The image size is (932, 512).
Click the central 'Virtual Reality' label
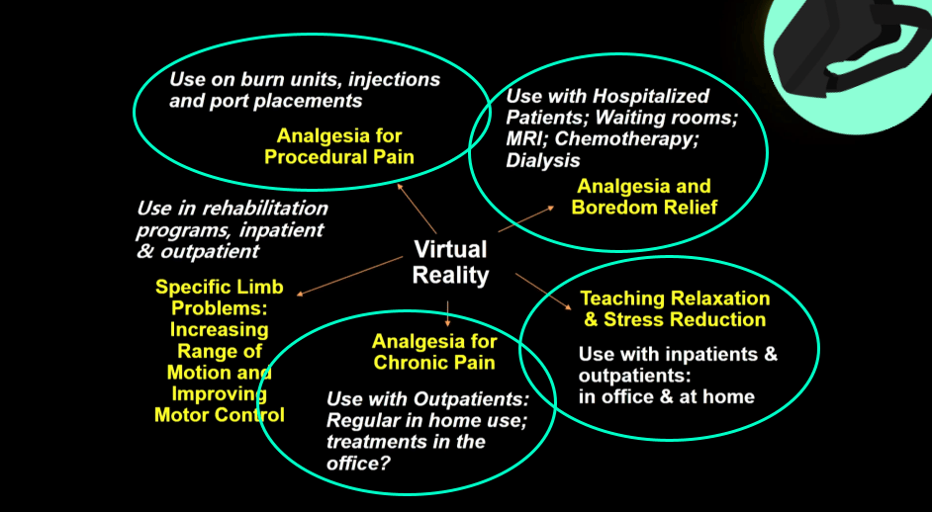click(450, 262)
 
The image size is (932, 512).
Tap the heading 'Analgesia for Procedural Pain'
click(338, 146)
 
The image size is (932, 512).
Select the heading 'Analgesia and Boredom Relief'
click(643, 197)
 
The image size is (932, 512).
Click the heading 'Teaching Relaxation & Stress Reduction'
click(675, 308)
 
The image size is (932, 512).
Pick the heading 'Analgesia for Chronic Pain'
click(434, 352)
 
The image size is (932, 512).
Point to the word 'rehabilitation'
click(264, 209)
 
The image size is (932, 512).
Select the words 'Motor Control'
click(219, 415)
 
